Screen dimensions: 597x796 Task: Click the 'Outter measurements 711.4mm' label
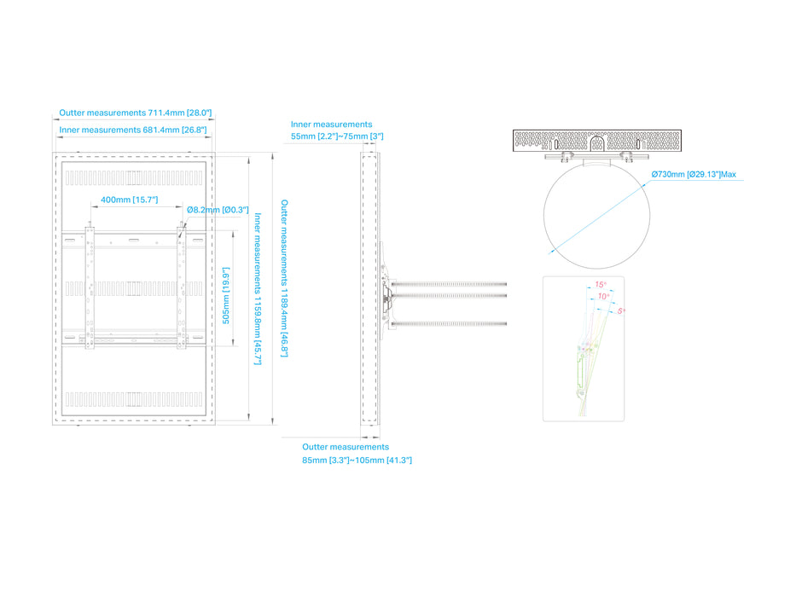[135, 113]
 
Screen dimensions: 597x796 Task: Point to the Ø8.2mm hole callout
[217, 210]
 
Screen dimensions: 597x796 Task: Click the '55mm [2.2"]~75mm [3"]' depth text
[337, 136]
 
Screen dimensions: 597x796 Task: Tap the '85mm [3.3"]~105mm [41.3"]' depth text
[357, 461]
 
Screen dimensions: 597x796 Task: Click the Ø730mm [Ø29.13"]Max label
[694, 175]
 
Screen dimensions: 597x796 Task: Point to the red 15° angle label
[600, 285]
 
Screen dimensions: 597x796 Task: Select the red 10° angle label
[603, 296]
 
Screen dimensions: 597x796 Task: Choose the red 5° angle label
[620, 311]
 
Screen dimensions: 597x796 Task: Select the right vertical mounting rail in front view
[180, 286]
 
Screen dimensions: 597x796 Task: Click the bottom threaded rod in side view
[452, 322]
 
